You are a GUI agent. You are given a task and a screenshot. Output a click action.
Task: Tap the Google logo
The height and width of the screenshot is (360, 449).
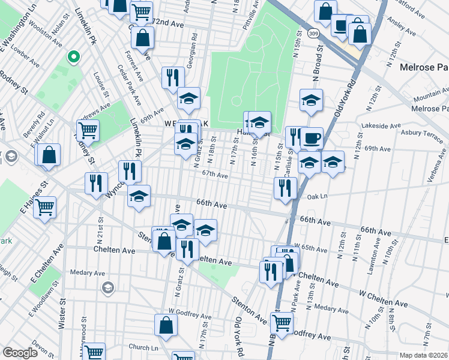[20, 353]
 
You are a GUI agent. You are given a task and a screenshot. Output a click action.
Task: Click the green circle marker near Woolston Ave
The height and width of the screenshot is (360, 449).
[73, 58]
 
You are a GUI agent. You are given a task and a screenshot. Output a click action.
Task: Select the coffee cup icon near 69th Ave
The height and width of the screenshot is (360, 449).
[312, 138]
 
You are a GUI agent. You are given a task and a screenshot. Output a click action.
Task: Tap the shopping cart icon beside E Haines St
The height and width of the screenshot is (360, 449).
[44, 208]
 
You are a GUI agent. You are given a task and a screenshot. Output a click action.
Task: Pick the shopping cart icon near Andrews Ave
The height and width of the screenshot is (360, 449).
[88, 130]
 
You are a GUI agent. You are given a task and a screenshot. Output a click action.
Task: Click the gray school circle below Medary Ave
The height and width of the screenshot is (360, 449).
[108, 286]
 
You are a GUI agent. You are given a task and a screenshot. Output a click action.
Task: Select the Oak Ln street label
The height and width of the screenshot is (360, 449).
[318, 195]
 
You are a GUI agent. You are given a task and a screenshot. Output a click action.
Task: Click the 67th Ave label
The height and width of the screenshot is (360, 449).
[215, 175]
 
